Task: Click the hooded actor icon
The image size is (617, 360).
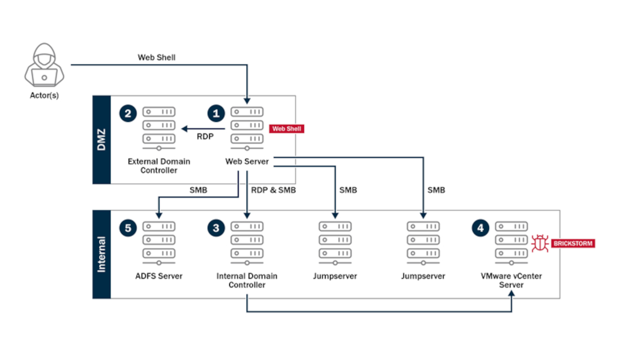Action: (44, 65)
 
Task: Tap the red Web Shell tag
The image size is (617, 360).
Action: (286, 129)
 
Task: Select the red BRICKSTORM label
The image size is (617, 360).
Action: (573, 243)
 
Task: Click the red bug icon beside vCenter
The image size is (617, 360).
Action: (540, 243)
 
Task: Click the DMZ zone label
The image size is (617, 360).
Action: (101, 140)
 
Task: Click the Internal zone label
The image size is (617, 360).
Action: (101, 254)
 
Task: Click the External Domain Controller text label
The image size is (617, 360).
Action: (158, 166)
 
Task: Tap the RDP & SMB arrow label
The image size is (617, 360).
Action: (274, 190)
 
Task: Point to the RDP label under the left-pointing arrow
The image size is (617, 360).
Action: (205, 137)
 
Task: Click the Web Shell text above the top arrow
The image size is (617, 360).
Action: (156, 57)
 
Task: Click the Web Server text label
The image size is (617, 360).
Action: (247, 161)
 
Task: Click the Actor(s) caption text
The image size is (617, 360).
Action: (44, 95)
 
